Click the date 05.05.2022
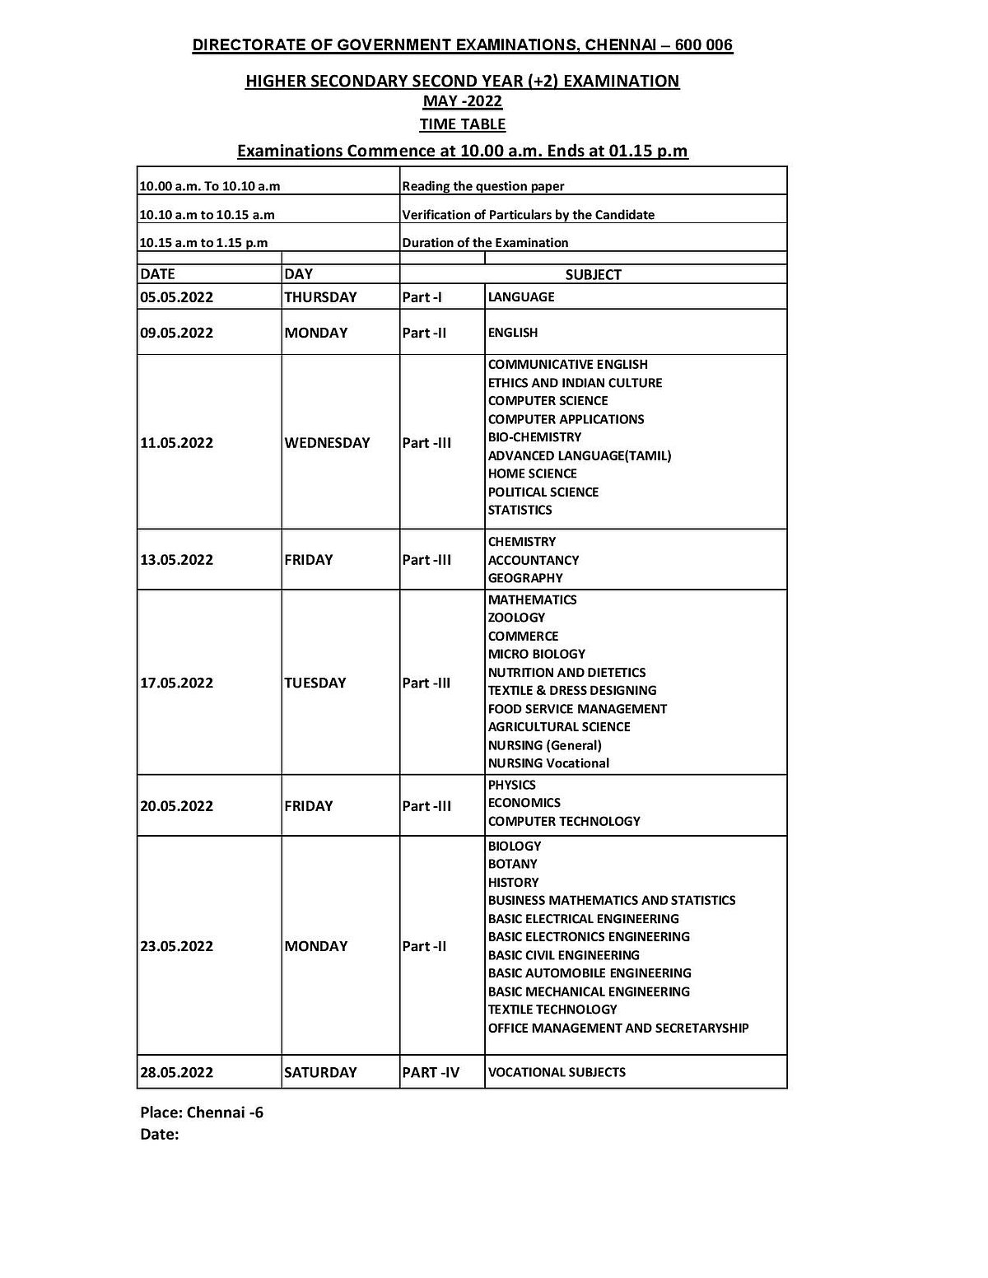point(177,297)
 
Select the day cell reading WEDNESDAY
point(327,443)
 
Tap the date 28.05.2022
point(177,1072)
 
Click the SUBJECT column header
point(593,274)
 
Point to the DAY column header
point(299,274)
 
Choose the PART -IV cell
point(431,1072)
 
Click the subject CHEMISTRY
point(522,542)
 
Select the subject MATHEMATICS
point(532,599)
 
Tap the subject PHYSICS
point(511,785)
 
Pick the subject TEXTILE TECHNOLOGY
point(552,1010)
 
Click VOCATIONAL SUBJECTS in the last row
point(557,1072)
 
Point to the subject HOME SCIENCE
point(532,473)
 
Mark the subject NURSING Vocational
point(548,763)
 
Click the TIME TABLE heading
point(462,124)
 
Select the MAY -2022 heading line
point(462,101)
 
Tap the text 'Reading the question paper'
point(483,186)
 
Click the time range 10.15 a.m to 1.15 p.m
point(203,243)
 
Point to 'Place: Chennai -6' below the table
point(202,1112)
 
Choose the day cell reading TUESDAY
point(315,683)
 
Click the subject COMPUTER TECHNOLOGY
point(564,821)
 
